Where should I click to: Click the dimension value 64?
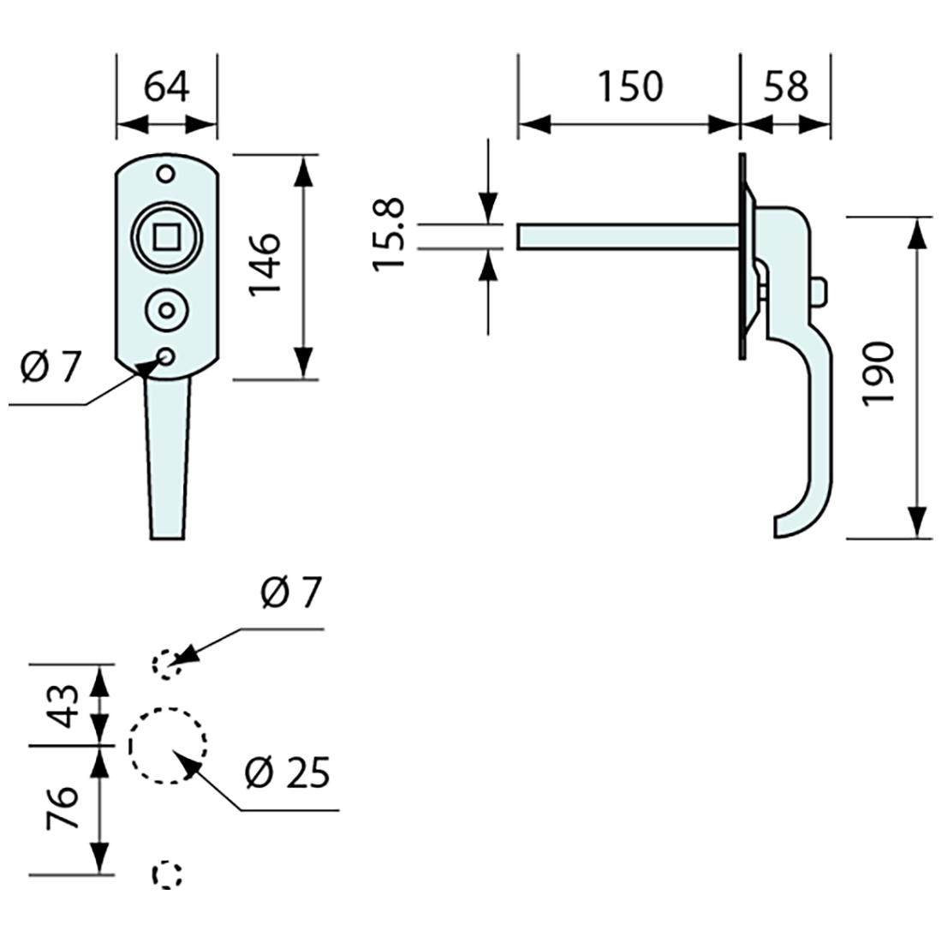[166, 87]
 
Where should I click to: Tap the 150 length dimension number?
[629, 87]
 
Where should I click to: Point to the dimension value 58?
[785, 87]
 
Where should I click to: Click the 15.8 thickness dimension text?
[390, 235]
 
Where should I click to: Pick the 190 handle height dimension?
[877, 375]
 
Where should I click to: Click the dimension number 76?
[66, 808]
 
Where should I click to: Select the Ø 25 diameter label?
[286, 774]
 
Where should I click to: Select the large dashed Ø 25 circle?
[169, 746]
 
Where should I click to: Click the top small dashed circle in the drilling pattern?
[166, 664]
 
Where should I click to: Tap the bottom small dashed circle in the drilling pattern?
[168, 874]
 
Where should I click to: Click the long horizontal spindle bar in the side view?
[625, 235]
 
